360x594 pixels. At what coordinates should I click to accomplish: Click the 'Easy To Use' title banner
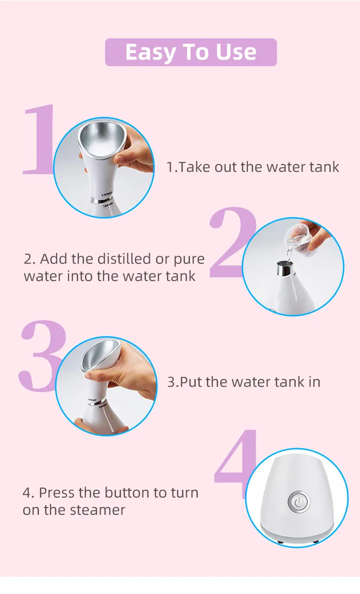[x=191, y=52]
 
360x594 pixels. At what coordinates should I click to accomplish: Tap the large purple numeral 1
[x=40, y=139]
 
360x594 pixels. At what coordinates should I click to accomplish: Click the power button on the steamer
[x=299, y=502]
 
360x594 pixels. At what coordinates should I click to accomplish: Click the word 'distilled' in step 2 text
[x=125, y=259]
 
